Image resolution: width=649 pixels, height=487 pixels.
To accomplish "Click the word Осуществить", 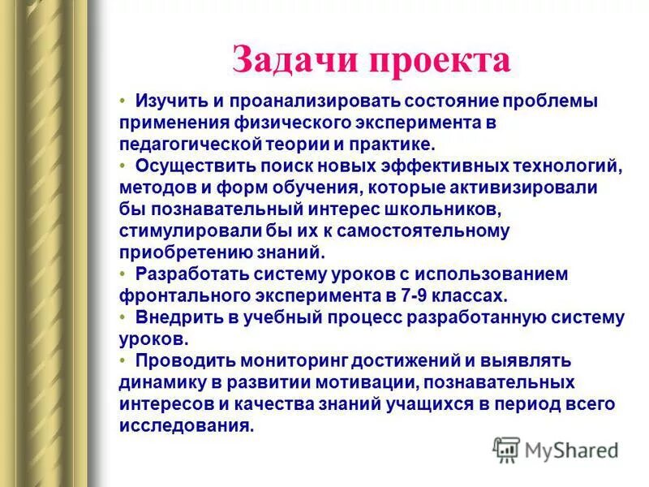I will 186,166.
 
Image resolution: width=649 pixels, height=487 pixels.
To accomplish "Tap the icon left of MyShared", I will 506,448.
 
